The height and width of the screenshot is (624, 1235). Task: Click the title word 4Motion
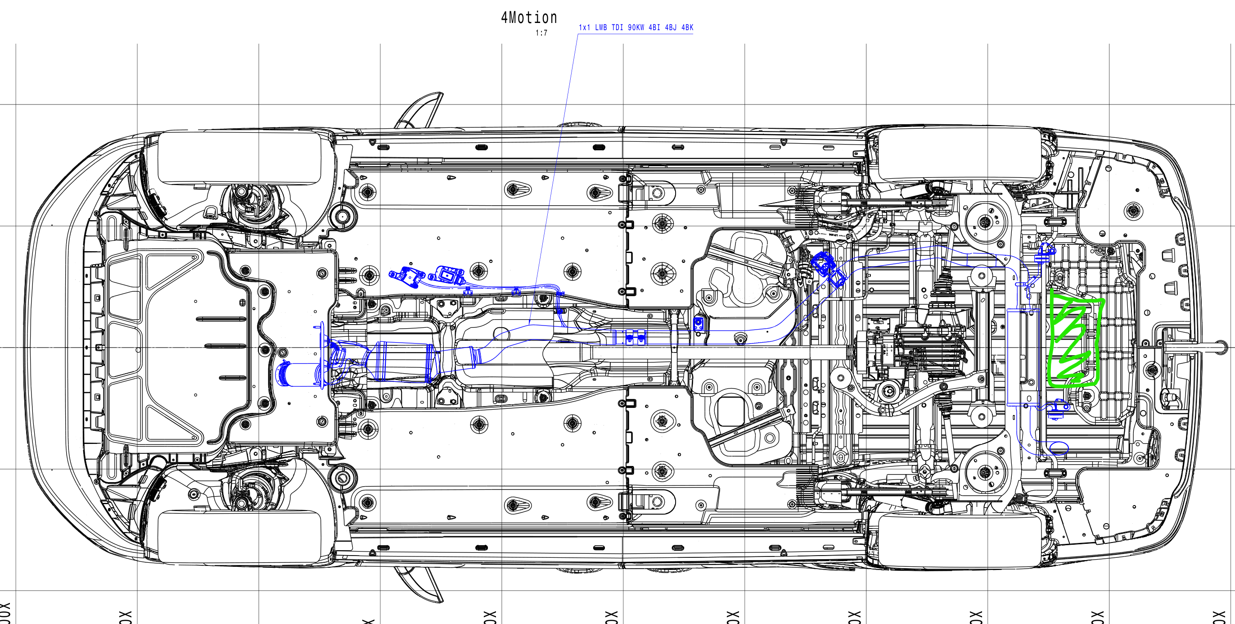click(x=529, y=18)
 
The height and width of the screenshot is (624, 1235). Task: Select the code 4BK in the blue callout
click(x=687, y=28)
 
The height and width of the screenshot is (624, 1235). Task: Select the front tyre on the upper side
click(x=239, y=158)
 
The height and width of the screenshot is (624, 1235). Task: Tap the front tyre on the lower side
click(x=239, y=536)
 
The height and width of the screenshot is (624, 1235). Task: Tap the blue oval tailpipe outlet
click(x=1059, y=448)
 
